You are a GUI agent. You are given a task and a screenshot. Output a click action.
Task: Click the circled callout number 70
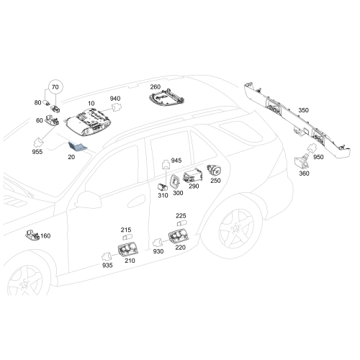55,87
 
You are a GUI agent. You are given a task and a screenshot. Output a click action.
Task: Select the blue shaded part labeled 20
78,147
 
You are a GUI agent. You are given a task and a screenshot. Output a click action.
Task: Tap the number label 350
303,110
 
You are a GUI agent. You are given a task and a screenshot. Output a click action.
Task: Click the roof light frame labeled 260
167,98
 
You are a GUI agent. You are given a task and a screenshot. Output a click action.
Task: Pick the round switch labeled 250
214,171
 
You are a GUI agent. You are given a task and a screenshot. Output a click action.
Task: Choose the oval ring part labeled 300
174,182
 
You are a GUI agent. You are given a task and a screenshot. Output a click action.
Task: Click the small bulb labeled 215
127,238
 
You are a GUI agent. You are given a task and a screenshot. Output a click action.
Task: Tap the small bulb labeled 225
182,223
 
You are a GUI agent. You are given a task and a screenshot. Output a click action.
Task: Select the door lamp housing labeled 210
128,250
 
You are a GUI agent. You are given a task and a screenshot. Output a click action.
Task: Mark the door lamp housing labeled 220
179,236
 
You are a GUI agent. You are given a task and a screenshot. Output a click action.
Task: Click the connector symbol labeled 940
117,107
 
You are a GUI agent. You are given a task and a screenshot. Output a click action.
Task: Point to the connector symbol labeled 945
166,164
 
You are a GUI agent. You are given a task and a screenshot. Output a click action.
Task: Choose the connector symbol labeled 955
38,142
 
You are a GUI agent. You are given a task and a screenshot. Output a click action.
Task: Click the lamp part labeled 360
302,162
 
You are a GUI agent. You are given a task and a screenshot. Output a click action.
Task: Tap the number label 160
45,236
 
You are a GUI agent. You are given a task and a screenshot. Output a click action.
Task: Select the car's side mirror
88,199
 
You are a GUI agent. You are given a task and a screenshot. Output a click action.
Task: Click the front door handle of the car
136,202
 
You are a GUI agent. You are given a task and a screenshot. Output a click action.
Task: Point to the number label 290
194,186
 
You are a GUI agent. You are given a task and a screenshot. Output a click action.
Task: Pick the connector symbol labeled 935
107,257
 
